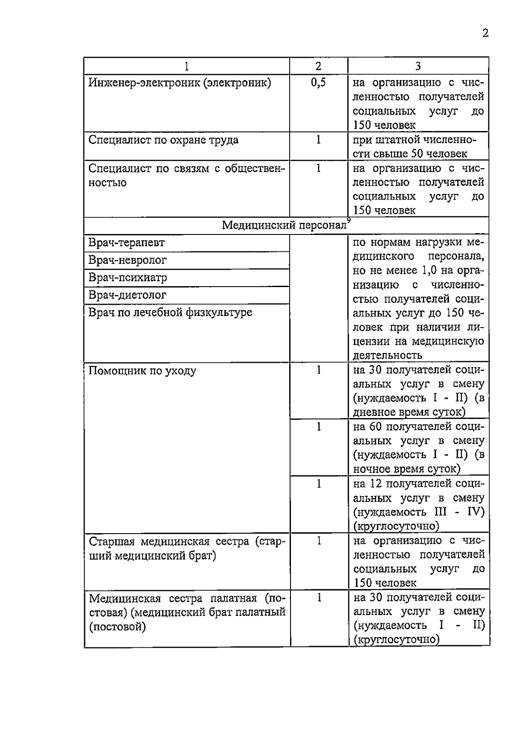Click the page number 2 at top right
pos(485,33)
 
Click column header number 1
pos(186,66)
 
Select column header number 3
pos(418,66)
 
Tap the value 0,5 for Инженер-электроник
pos(318,82)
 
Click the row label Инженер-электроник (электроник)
pos(180,82)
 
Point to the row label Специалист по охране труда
pos(163,140)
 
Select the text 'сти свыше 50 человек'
pos(410,154)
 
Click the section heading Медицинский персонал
pos(284,225)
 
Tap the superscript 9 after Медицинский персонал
pos(349,220)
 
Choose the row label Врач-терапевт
pos(126,243)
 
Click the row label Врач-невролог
pos(127,260)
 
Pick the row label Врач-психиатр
pos(128,278)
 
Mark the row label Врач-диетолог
pos(127,295)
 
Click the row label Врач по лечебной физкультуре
pos(170,312)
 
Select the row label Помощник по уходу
pos(142,371)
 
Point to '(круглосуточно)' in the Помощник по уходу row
pos(396,526)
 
